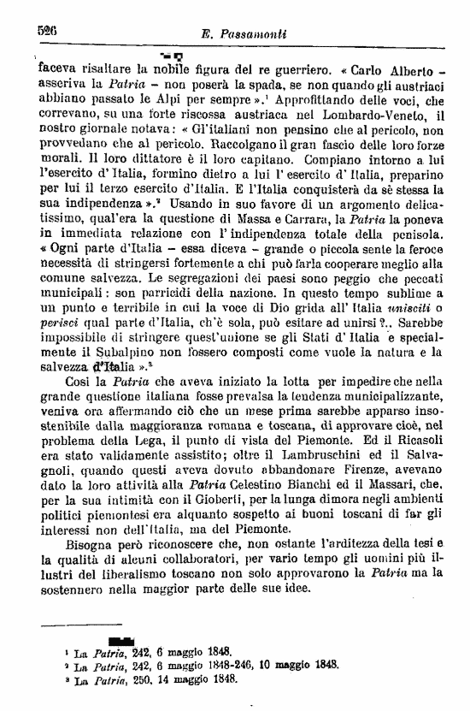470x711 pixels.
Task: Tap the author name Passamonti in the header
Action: point(254,32)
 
